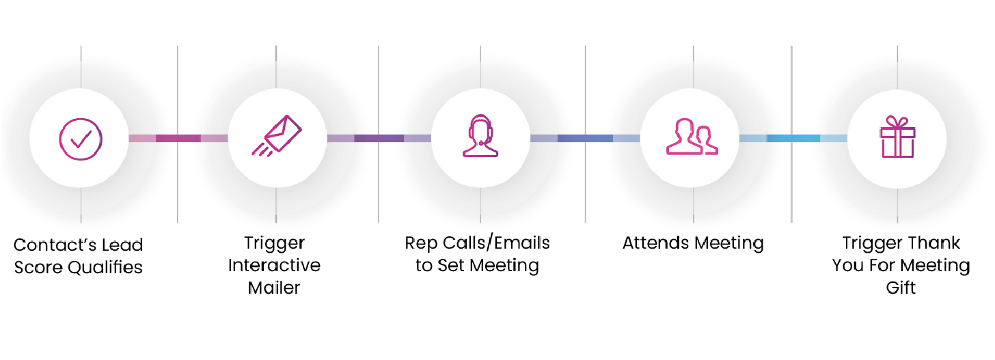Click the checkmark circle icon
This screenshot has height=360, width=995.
click(x=81, y=138)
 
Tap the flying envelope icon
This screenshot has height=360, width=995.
click(x=276, y=135)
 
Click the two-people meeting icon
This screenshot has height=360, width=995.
click(x=692, y=137)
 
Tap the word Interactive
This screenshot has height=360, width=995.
click(x=274, y=265)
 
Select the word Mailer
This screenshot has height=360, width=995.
click(x=274, y=288)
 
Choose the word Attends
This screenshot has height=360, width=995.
click(x=655, y=243)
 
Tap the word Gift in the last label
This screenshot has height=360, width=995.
click(x=901, y=288)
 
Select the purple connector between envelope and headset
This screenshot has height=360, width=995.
click(x=379, y=138)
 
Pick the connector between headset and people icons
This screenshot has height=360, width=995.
click(x=585, y=138)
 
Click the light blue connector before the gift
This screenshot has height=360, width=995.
click(x=793, y=138)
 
